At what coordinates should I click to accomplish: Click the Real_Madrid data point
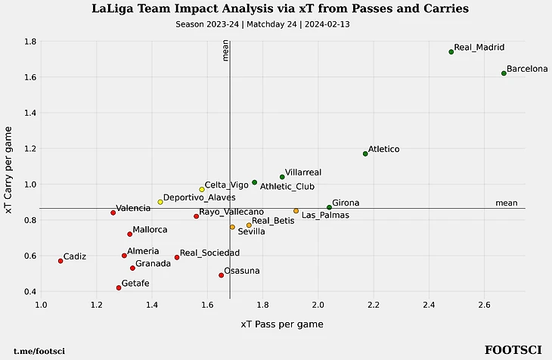(451, 51)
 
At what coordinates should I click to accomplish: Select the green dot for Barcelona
(504, 73)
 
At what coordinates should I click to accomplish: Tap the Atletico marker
(365, 154)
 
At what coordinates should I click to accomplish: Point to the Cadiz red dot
(60, 261)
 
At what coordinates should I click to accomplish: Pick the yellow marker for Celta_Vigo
(202, 189)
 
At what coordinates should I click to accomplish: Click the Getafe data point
(119, 287)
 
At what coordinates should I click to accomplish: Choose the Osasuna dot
(221, 275)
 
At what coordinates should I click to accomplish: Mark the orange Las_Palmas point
(296, 211)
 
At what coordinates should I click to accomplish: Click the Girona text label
(346, 203)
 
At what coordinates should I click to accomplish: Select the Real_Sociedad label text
(209, 253)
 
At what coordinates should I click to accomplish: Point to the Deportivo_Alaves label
(199, 197)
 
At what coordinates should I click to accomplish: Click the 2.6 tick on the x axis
(485, 304)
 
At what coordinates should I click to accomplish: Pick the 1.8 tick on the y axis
(29, 42)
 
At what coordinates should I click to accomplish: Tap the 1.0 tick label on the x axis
(42, 304)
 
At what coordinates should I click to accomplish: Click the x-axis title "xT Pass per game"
(282, 324)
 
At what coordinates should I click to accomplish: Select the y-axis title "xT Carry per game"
(10, 171)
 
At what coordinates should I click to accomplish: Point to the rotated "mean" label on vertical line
(225, 51)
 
